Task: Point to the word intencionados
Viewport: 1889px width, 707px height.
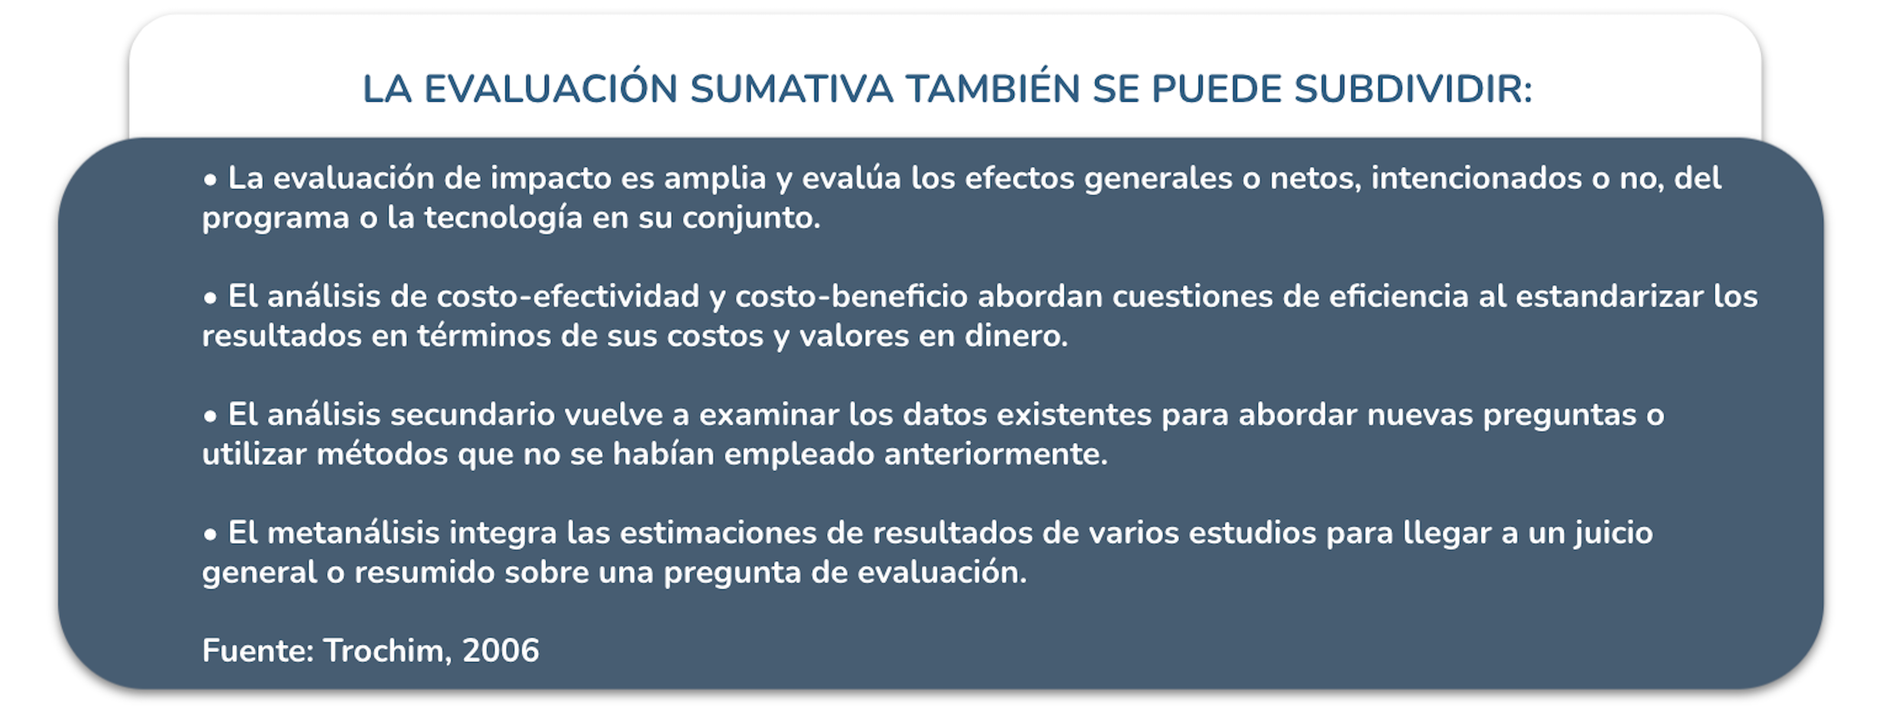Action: pyautogui.click(x=1476, y=178)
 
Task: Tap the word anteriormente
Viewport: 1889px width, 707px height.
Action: pyautogui.click(x=996, y=454)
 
